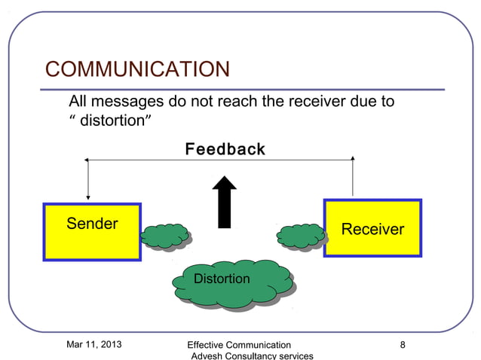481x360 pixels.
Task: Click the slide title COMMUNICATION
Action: (x=137, y=69)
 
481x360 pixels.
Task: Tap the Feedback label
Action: (x=225, y=149)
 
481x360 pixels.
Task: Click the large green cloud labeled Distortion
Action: (x=231, y=283)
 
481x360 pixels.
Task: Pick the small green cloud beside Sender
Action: (x=164, y=236)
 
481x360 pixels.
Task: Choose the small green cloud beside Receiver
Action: (x=301, y=236)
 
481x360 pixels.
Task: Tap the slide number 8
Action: (x=403, y=345)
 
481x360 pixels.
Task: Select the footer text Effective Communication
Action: (x=239, y=346)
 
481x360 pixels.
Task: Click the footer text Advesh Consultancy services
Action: (x=252, y=356)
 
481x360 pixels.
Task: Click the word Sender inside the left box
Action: (x=92, y=224)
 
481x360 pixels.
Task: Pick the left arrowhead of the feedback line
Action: (x=87, y=160)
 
